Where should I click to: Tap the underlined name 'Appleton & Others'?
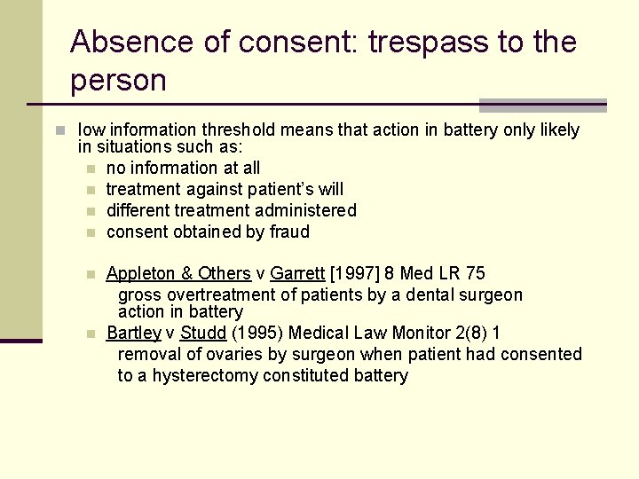[x=178, y=273]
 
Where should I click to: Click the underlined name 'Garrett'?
[x=297, y=273]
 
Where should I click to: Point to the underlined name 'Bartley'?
[x=133, y=333]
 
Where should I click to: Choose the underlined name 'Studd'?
[x=203, y=333]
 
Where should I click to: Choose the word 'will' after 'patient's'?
[x=330, y=189]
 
